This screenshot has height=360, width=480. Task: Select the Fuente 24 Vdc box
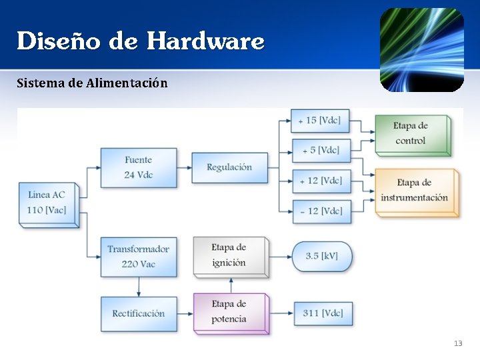click(x=138, y=167)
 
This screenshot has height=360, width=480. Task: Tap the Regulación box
click(x=229, y=167)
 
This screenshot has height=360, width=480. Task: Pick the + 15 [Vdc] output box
click(x=321, y=121)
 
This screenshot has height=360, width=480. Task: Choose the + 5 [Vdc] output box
click(x=321, y=150)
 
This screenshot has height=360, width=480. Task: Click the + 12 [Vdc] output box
click(x=321, y=181)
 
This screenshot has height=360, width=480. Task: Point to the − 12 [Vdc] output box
click(x=321, y=211)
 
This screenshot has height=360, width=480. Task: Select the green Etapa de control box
click(x=411, y=134)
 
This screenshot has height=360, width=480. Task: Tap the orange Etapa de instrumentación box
click(x=415, y=191)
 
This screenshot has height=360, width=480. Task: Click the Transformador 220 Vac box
click(x=138, y=256)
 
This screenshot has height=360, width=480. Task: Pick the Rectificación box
click(x=138, y=313)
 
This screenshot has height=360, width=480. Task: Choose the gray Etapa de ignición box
click(x=229, y=255)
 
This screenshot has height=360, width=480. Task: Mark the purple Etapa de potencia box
click(x=229, y=312)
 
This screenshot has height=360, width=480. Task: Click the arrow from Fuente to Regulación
click(x=185, y=167)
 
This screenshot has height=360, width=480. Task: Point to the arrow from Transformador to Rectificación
click(x=139, y=287)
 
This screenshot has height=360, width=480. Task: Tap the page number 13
click(x=457, y=343)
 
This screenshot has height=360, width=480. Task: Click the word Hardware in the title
click(x=205, y=41)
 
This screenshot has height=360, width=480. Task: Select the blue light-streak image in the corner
click(x=421, y=50)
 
